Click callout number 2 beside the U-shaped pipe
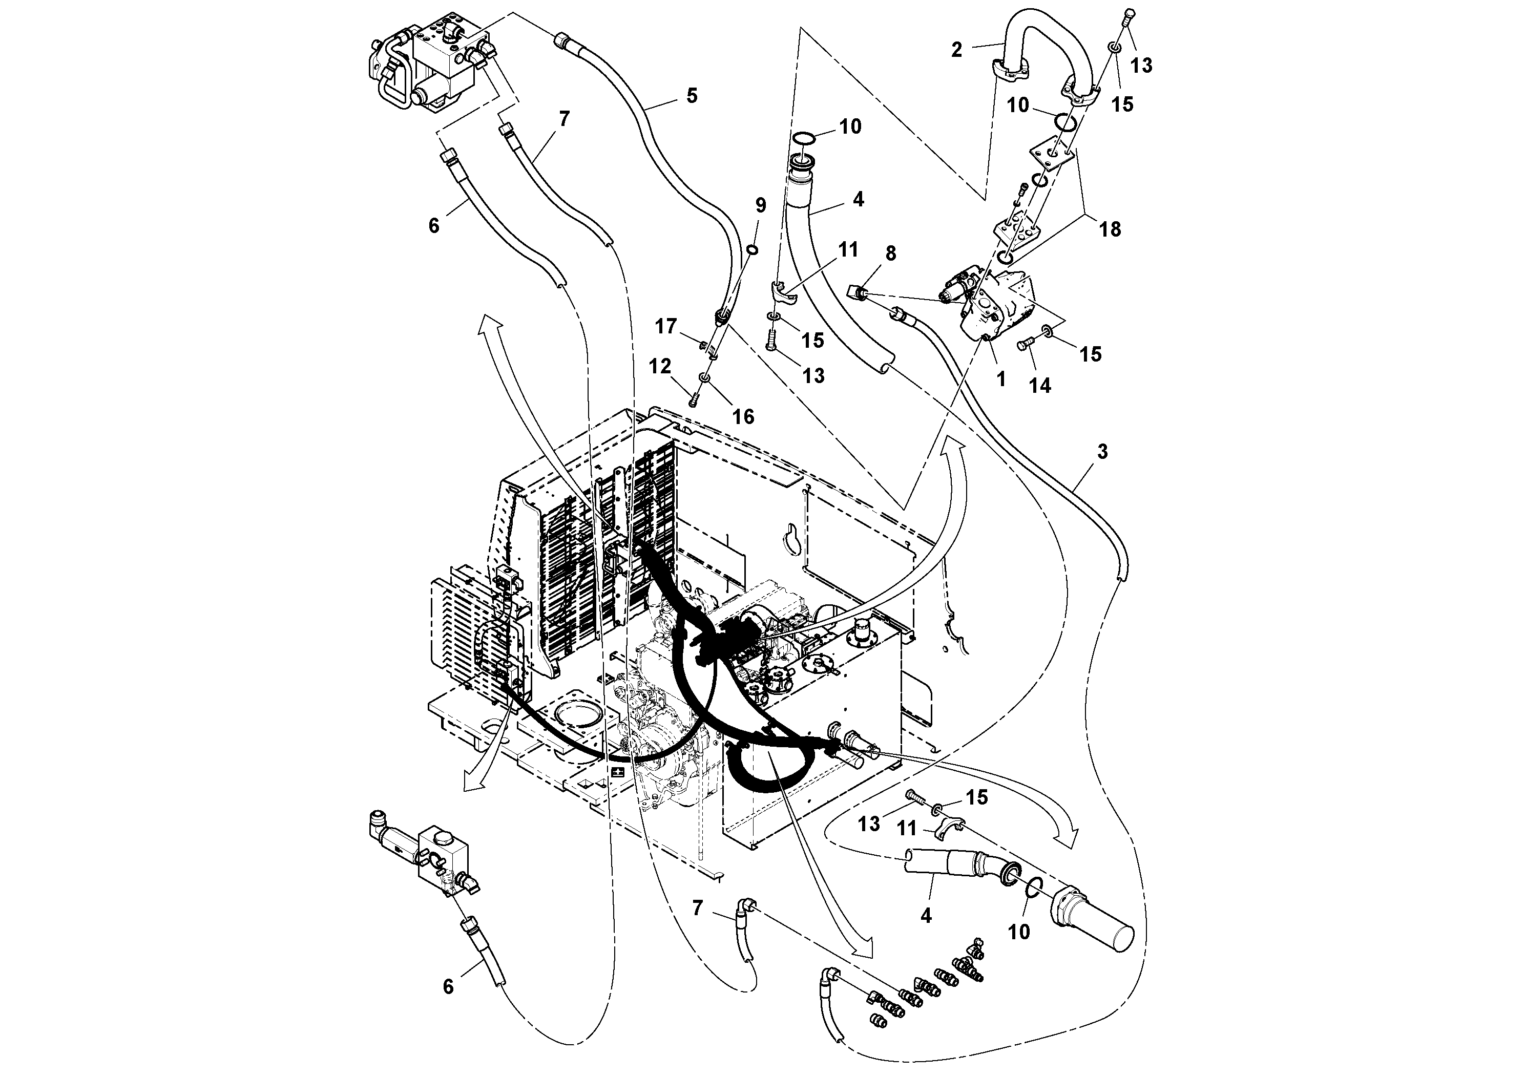[956, 50]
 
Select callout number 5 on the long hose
[692, 96]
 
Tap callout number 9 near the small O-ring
[761, 205]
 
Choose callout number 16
[743, 416]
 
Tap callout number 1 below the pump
[1001, 378]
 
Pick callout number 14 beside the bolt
[1040, 385]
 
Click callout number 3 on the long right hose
[1102, 452]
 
